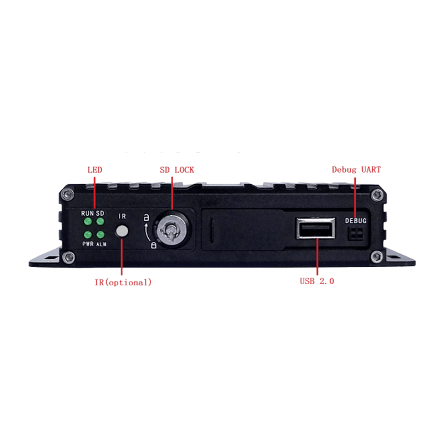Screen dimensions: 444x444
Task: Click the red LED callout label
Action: pyautogui.click(x=95, y=170)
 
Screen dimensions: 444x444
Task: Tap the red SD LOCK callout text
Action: pyautogui.click(x=177, y=170)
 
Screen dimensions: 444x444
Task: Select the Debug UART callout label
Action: pyautogui.click(x=356, y=170)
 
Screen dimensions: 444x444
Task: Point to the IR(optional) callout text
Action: pyautogui.click(x=123, y=282)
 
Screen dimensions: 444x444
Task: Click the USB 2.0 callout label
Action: pyautogui.click(x=317, y=281)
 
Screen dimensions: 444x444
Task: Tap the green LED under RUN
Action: pyautogui.click(x=88, y=221)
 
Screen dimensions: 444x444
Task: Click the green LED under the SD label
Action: pyautogui.click(x=100, y=221)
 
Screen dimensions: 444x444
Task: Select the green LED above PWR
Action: pyautogui.click(x=88, y=234)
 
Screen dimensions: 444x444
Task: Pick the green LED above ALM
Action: pyautogui.click(x=100, y=234)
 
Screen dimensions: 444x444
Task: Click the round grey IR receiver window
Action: pyautogui.click(x=122, y=231)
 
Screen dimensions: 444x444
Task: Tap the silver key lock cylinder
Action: pyautogui.click(x=171, y=229)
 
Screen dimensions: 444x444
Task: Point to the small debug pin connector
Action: pyautogui.click(x=355, y=234)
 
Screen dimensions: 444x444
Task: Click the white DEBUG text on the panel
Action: pyautogui.click(x=356, y=220)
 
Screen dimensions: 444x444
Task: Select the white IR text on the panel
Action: pyautogui.click(x=122, y=216)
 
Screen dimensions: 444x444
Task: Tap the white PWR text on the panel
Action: pyautogui.click(x=88, y=244)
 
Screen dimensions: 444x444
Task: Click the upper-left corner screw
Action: pyautogui.click(x=68, y=194)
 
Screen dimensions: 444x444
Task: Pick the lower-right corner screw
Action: pyautogui.click(x=377, y=257)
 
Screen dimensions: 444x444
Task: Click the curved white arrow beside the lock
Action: pyautogui.click(x=148, y=232)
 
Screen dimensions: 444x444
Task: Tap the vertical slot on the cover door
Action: pyautogui.click(x=212, y=230)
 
